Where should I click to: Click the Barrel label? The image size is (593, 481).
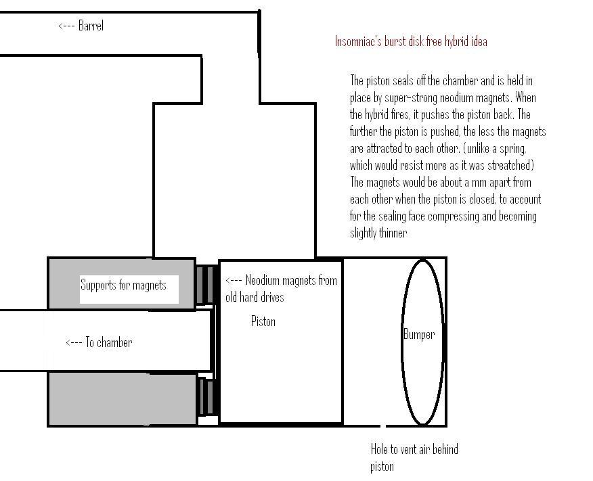pyautogui.click(x=91, y=26)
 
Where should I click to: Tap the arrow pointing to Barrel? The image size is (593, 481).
pyautogui.click(x=66, y=26)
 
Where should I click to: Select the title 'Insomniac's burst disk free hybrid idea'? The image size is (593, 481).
pyautogui.click(x=411, y=41)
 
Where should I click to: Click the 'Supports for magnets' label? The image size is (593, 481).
pyautogui.click(x=123, y=285)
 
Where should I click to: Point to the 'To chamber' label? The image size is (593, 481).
pyautogui.click(x=109, y=342)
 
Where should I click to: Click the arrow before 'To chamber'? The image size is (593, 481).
pyautogui.click(x=74, y=343)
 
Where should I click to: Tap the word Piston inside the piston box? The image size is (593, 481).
pyautogui.click(x=263, y=321)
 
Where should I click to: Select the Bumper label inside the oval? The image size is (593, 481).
pyautogui.click(x=419, y=334)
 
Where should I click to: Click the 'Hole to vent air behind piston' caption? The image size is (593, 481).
pyautogui.click(x=414, y=457)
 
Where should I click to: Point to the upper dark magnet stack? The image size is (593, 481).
pyautogui.click(x=205, y=285)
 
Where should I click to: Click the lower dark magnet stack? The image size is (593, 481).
pyautogui.click(x=206, y=396)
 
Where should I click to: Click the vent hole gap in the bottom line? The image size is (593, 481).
pyautogui.click(x=383, y=426)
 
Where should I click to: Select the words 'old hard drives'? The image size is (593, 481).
pyautogui.click(x=255, y=297)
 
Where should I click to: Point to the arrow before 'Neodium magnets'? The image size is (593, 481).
pyautogui.click(x=234, y=281)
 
